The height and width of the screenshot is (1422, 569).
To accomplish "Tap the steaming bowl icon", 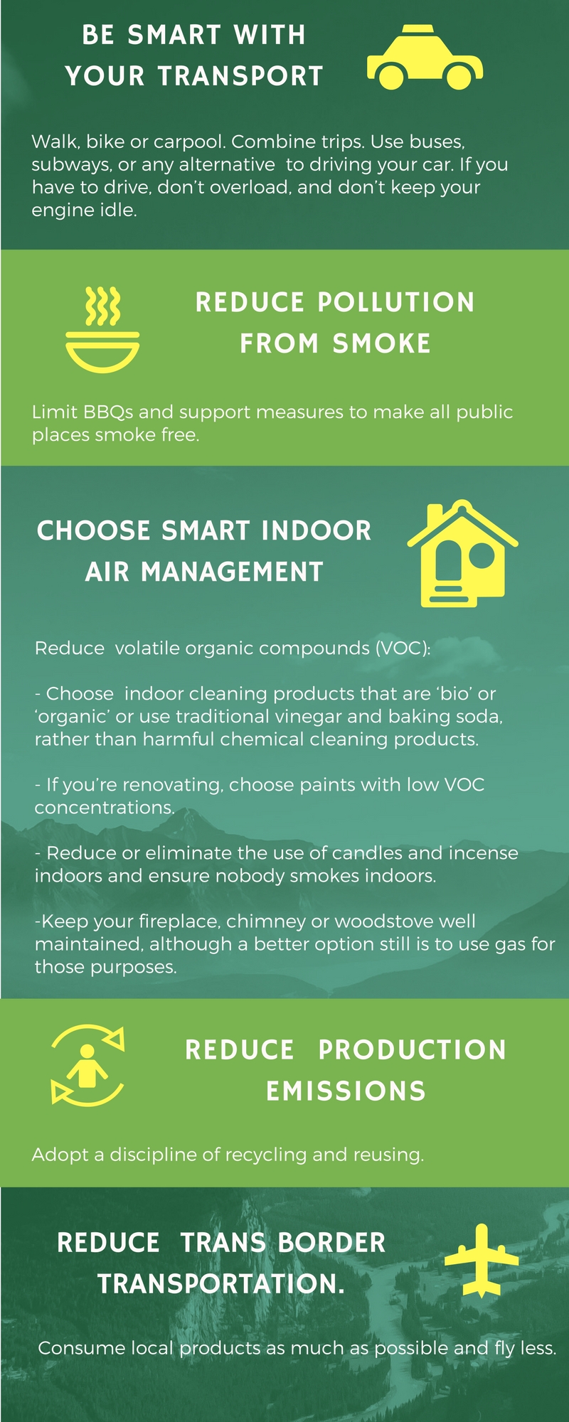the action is (102, 330).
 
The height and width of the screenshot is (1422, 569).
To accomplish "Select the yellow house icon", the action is (462, 553).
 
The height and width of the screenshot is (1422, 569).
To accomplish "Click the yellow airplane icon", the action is (482, 1260).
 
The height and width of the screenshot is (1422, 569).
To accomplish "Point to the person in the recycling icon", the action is (87, 1065).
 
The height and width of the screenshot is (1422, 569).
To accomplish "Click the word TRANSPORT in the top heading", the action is (240, 76).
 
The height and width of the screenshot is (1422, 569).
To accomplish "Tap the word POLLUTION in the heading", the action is (395, 302).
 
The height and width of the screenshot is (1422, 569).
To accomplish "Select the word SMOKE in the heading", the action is (381, 343).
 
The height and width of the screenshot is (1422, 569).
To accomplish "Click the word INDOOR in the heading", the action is (316, 530).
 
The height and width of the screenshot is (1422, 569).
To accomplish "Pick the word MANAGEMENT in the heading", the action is (232, 572).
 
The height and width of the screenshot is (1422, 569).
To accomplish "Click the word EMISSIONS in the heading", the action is (346, 1091).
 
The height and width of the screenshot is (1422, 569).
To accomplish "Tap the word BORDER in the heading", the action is (331, 1242).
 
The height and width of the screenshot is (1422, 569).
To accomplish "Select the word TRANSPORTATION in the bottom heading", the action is (221, 1283).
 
